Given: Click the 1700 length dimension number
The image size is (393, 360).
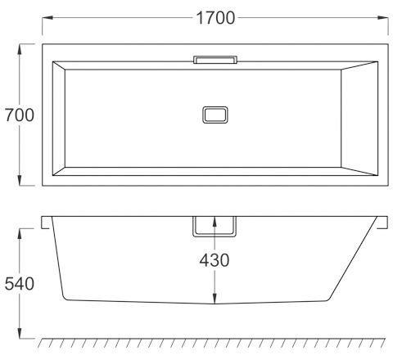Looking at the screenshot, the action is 215,18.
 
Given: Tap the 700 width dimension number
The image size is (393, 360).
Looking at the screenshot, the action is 20,115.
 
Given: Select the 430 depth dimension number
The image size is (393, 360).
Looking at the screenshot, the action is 215,260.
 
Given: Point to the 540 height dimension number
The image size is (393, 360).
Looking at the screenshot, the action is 20,283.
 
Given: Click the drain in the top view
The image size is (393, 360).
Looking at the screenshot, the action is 215,115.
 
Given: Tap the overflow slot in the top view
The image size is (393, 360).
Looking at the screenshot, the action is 215,60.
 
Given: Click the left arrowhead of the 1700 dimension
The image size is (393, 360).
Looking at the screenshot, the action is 47,18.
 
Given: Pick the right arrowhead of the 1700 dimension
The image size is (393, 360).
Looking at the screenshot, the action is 383,18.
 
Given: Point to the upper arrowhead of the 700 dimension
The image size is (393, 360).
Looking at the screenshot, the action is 20,49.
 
